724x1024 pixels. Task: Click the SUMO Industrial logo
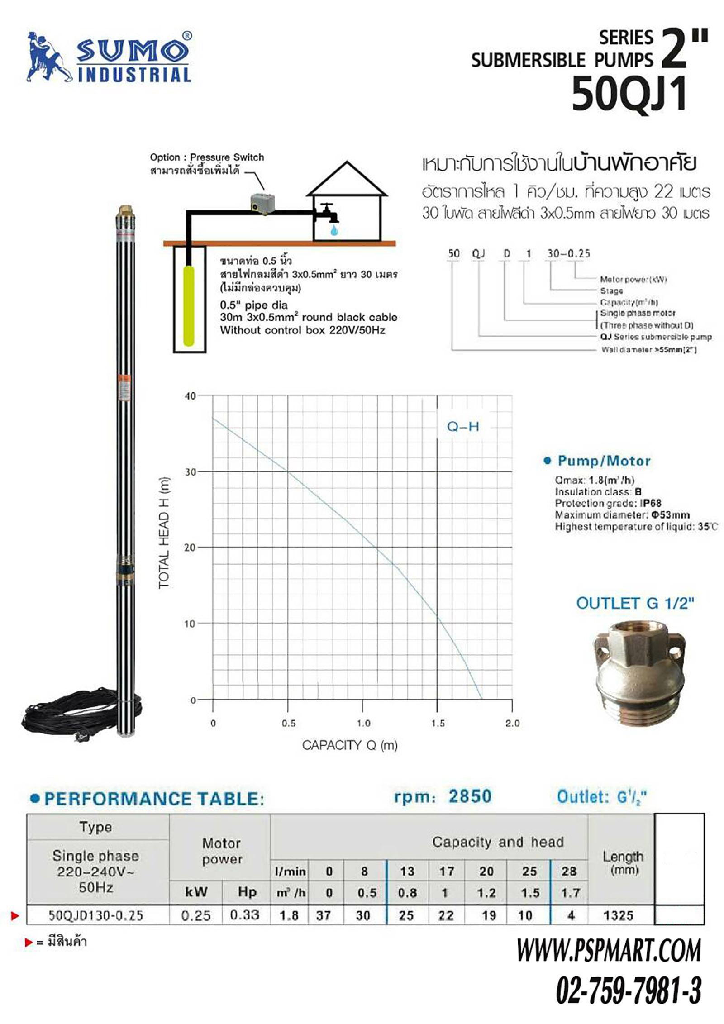point(109,57)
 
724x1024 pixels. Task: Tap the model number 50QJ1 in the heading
point(629,94)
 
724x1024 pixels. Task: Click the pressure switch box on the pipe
point(264,202)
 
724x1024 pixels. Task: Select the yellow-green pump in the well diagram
point(189,306)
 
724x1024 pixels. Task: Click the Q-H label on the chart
point(462,426)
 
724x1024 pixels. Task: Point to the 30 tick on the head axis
point(191,472)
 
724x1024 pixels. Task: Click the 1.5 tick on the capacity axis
point(438,723)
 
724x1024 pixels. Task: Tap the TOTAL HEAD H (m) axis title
point(164,533)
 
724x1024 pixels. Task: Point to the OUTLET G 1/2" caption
point(634,603)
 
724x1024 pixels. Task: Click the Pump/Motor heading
point(603,461)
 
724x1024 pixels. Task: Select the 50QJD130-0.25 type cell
point(95,916)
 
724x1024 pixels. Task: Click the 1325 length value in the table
point(618,916)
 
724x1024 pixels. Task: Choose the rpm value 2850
point(470,796)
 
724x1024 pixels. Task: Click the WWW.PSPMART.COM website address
point(609,951)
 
